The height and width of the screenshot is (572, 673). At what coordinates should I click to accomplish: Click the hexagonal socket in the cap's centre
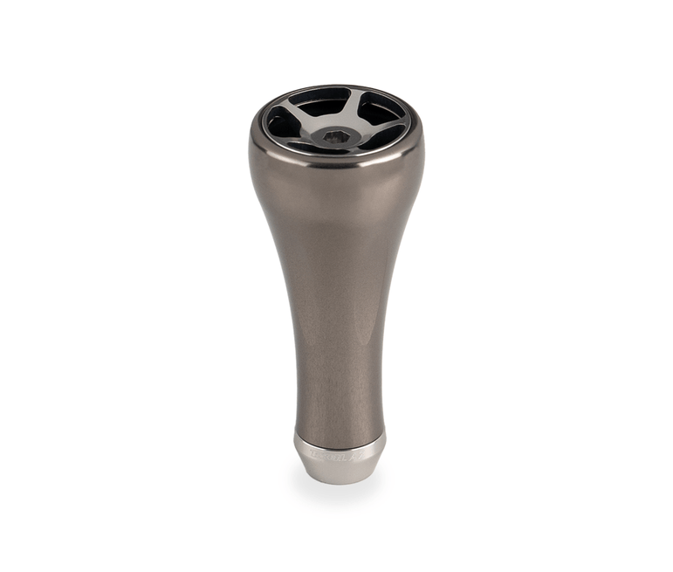coord(336,135)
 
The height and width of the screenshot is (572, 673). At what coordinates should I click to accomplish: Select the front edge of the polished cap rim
coord(336,160)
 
